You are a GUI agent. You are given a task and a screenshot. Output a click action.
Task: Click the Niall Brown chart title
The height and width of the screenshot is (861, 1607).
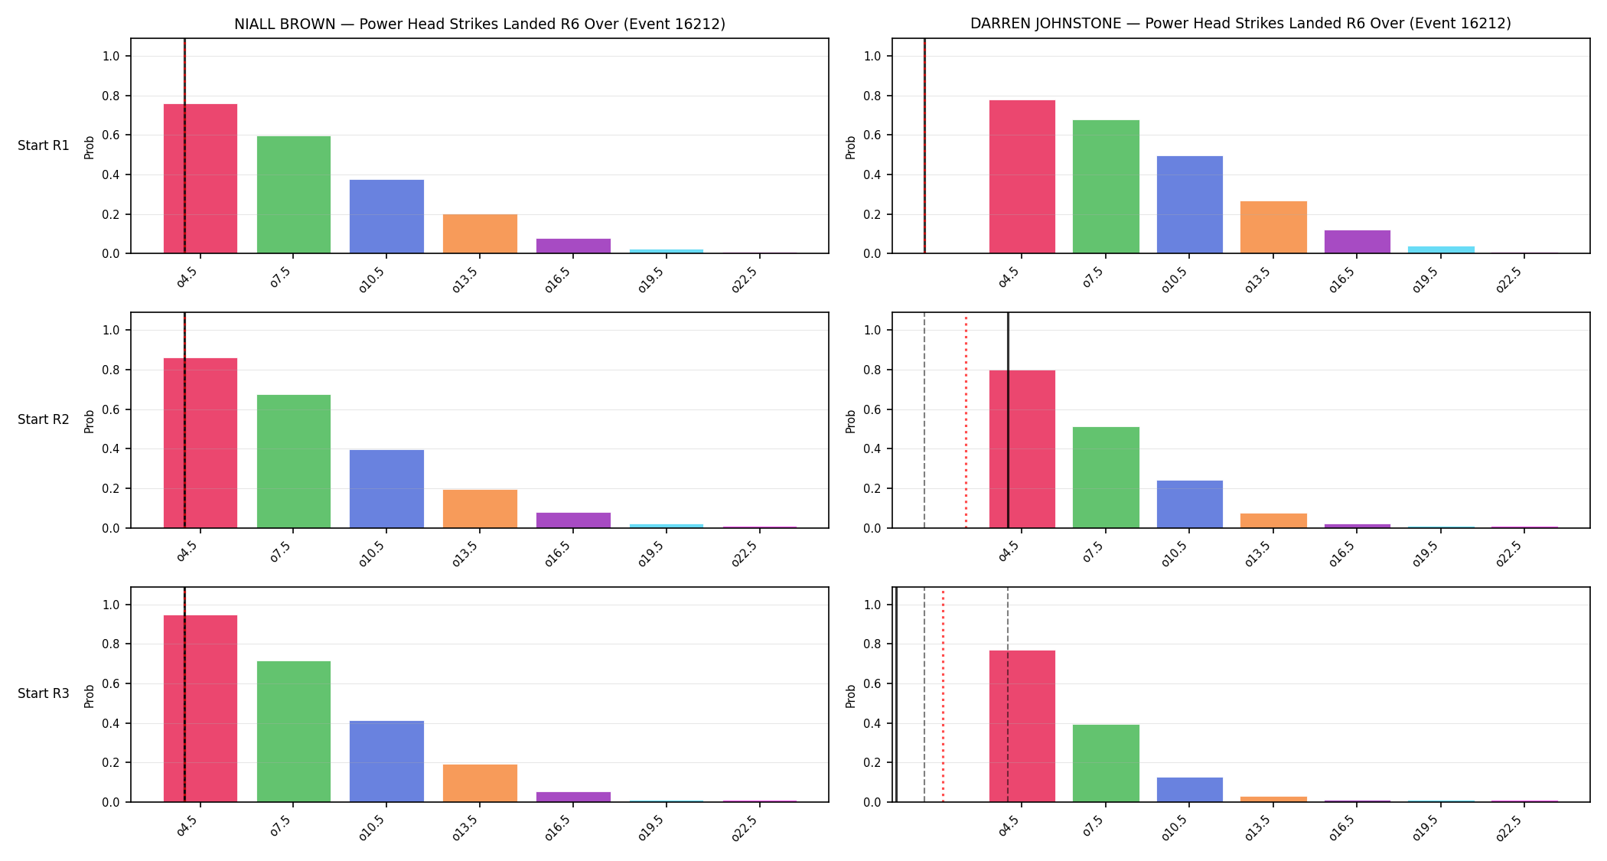480,24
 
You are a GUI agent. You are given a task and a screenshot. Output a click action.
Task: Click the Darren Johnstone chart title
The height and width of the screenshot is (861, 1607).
1240,24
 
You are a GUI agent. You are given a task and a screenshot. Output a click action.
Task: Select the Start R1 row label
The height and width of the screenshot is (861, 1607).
44,145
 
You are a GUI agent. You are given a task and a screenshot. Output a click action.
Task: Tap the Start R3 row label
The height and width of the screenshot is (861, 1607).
44,693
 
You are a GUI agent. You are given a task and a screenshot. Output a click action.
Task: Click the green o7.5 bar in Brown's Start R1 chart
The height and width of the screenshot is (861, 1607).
294,194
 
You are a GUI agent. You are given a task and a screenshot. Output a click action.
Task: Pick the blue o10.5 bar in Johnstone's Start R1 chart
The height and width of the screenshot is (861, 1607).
1190,204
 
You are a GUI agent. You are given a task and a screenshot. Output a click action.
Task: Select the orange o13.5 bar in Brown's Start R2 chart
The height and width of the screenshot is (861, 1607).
480,509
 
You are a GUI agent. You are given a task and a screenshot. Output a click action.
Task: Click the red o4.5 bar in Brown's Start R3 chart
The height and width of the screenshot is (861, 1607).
200,709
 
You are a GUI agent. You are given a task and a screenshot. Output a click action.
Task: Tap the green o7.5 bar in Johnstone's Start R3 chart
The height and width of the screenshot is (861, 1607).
1106,763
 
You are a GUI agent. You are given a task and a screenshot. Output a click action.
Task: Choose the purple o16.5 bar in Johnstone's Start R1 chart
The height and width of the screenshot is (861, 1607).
1358,242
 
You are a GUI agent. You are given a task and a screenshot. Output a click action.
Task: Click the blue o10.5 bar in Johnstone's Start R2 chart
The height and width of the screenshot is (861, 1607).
1190,504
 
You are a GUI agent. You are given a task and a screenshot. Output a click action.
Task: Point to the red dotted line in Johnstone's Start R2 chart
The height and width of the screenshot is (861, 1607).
966,420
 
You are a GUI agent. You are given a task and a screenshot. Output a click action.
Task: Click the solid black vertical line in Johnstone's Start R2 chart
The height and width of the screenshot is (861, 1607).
1008,420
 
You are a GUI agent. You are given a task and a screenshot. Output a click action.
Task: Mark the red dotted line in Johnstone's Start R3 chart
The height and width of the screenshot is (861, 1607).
943,694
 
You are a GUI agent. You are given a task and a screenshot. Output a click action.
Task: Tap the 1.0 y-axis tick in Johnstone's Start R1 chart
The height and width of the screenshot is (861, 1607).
872,56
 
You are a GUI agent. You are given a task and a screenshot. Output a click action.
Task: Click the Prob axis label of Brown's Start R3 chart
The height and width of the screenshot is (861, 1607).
90,696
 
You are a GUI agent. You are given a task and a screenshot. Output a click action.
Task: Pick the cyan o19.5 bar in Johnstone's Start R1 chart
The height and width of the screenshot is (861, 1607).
1441,249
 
